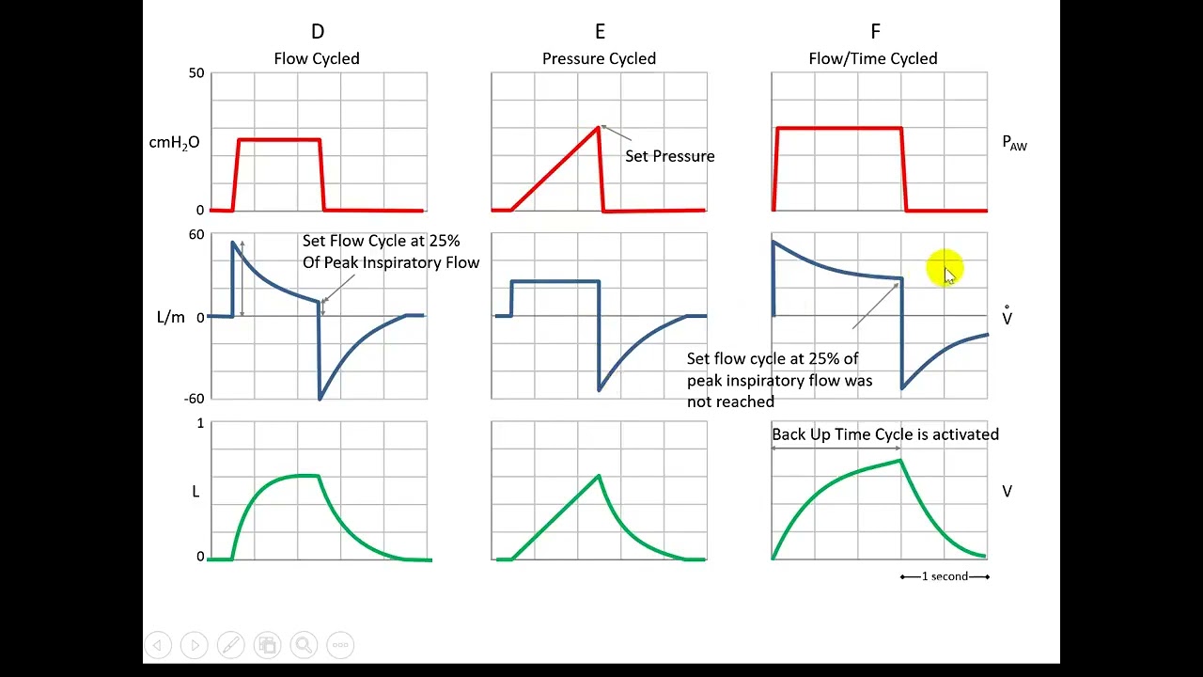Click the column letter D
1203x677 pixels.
tap(317, 33)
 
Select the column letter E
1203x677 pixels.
tap(600, 33)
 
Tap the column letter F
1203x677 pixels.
tap(875, 33)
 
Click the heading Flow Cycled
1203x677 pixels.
tap(317, 58)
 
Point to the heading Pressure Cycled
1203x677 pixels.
tap(599, 58)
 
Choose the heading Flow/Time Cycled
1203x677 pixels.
tap(873, 58)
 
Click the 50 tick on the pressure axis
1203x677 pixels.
tap(196, 73)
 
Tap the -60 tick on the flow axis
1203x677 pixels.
tap(195, 399)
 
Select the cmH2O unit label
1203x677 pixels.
tap(174, 143)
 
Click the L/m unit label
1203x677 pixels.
tap(171, 318)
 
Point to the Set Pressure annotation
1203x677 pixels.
tap(670, 156)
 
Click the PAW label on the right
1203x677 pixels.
tap(1015, 143)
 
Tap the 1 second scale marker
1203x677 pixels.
tap(945, 576)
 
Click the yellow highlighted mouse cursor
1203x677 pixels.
tap(945, 270)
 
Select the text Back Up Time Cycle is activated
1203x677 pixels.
tap(885, 434)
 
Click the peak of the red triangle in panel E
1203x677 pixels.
tap(599, 127)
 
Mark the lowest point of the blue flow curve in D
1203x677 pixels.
tap(320, 399)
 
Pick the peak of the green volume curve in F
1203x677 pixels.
tap(900, 460)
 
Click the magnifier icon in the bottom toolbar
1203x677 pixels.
tap(304, 645)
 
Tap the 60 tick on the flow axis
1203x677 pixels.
tap(196, 235)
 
